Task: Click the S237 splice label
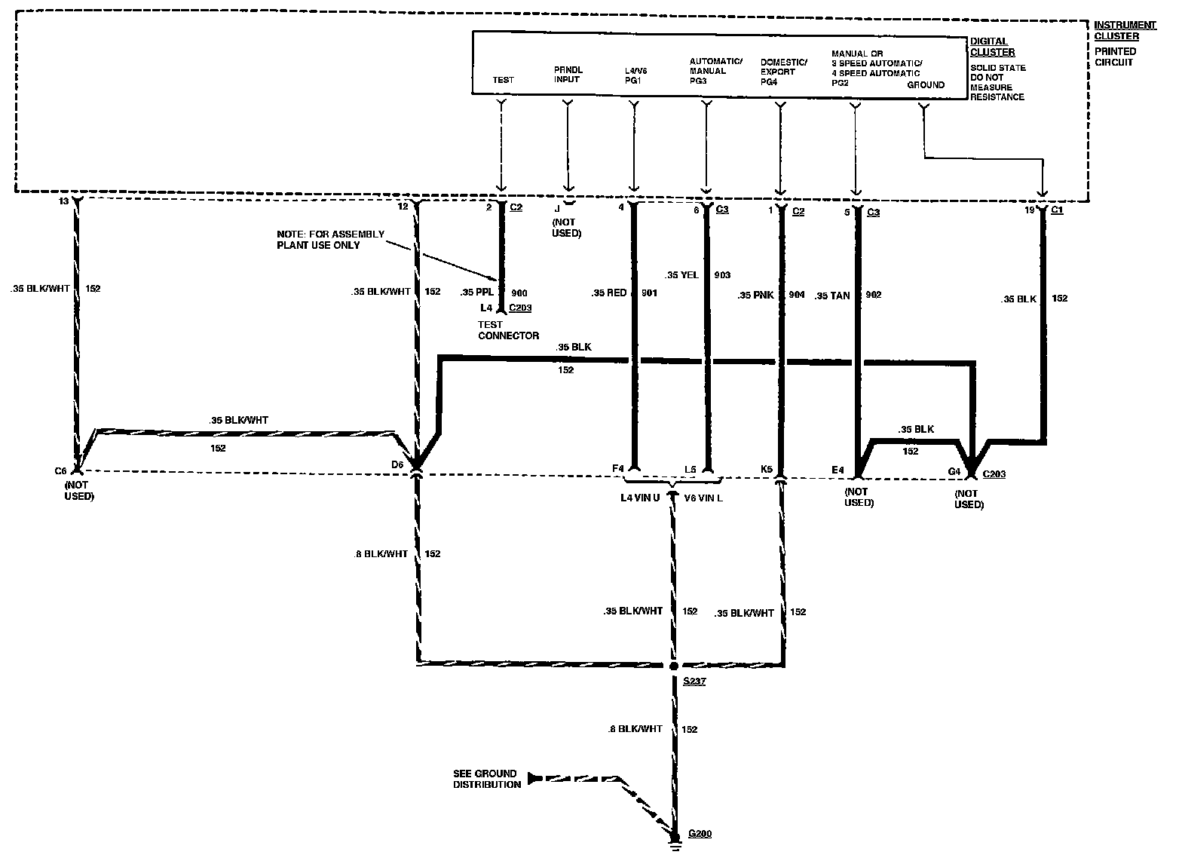tap(694, 682)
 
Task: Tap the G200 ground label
tap(699, 834)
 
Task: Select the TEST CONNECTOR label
tap(508, 330)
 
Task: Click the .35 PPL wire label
tap(477, 293)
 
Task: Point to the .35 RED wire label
tap(609, 293)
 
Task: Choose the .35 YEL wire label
tap(682, 275)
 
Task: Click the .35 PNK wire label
tap(756, 296)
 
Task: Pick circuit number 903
tap(722, 275)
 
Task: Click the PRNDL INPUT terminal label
tap(568, 75)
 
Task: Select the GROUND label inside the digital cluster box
tap(925, 85)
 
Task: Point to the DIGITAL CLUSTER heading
tap(992, 47)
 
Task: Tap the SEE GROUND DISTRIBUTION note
tap(485, 779)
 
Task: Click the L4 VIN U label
tap(640, 498)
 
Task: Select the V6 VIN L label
tap(703, 498)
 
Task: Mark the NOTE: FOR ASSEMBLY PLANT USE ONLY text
tap(330, 240)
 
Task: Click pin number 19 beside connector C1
tap(1029, 210)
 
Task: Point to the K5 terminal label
tap(767, 469)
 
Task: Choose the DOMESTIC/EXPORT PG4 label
tap(783, 71)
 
